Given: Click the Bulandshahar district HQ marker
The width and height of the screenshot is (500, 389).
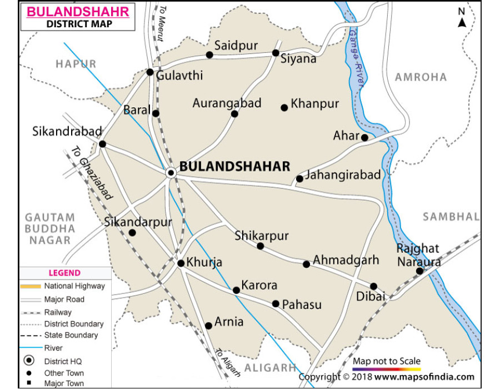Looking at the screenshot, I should pos(172,173).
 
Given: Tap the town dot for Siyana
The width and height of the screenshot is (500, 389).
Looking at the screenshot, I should pos(276,53).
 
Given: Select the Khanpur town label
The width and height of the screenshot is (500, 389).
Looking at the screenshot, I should pos(315,104).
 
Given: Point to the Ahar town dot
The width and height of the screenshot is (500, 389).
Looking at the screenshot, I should pos(364,137).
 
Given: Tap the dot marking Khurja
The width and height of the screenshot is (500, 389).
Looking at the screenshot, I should pos(181,263).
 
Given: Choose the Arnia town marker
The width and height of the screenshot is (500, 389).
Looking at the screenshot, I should pos(208,326).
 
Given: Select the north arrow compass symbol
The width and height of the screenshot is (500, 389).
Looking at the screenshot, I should pos(462,19).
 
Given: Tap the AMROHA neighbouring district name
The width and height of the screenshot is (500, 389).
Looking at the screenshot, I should pos(421,77).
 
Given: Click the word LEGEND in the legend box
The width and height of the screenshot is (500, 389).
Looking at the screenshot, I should pos(64,273).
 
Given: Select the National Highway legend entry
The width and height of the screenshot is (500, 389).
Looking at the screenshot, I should pos(74,286).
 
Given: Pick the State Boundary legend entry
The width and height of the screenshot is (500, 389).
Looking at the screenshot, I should pos(71,335).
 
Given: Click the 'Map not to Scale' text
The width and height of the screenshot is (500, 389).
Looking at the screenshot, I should pos(387,361).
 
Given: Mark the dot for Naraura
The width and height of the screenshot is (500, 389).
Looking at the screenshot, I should pos(419,271).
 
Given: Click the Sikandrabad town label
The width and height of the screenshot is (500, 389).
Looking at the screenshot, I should pos(67,132).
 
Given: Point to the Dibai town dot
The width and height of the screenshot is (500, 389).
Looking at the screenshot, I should pos(374,286).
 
